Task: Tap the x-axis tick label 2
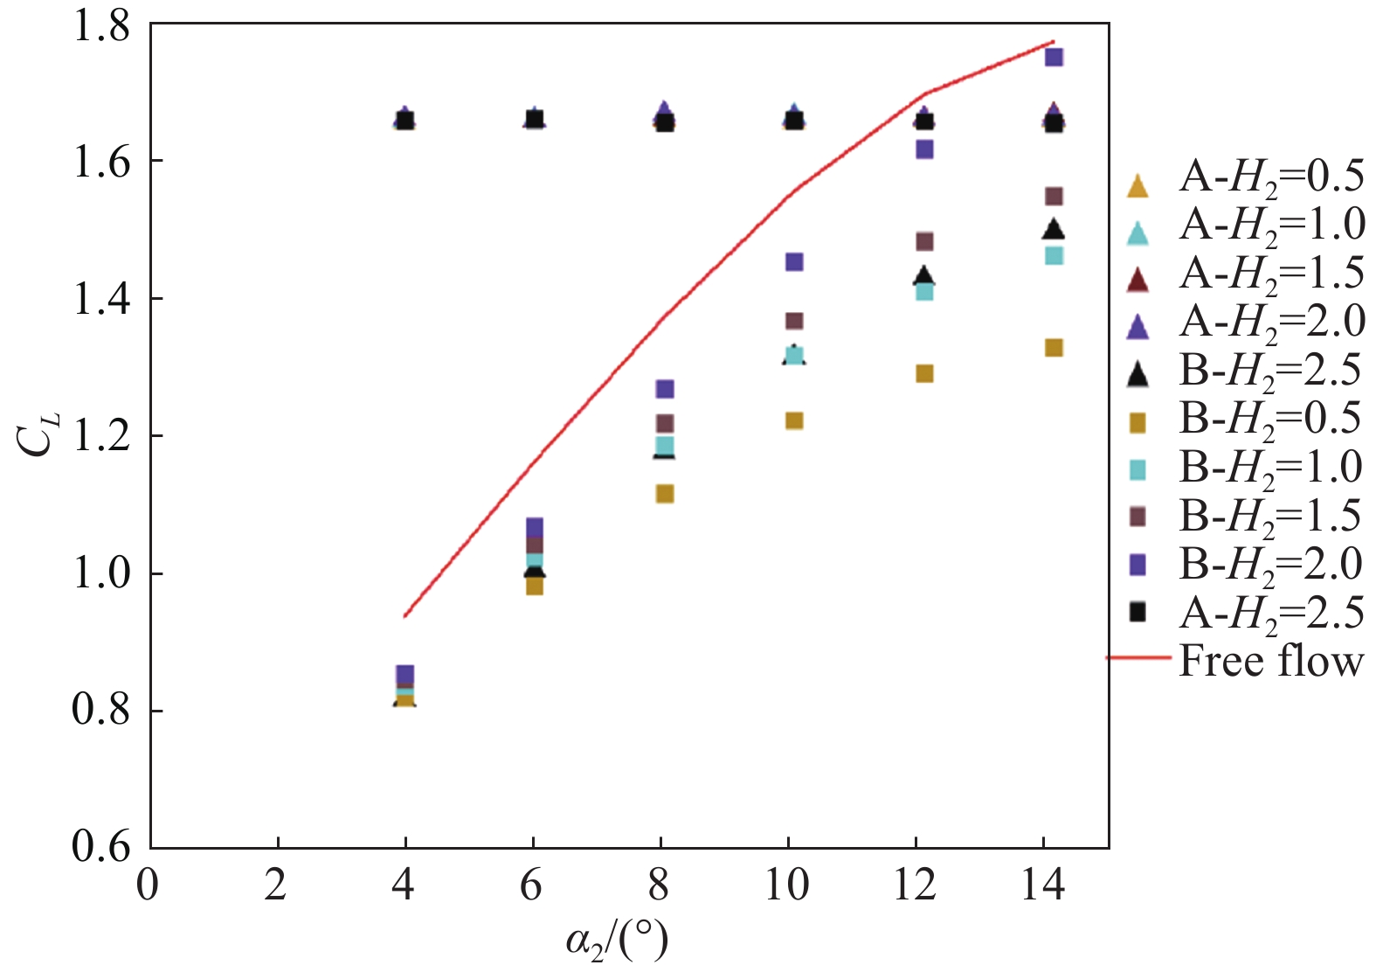pos(277,885)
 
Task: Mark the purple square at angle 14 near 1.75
pos(1054,57)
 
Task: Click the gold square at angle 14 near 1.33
pos(1054,348)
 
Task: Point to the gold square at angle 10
pos(794,420)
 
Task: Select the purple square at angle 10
pos(794,261)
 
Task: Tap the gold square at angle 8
pos(665,494)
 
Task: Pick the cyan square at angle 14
pos(1054,255)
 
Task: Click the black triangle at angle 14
pos(1054,229)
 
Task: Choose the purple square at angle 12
pos(924,149)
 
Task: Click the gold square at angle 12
pos(924,373)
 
